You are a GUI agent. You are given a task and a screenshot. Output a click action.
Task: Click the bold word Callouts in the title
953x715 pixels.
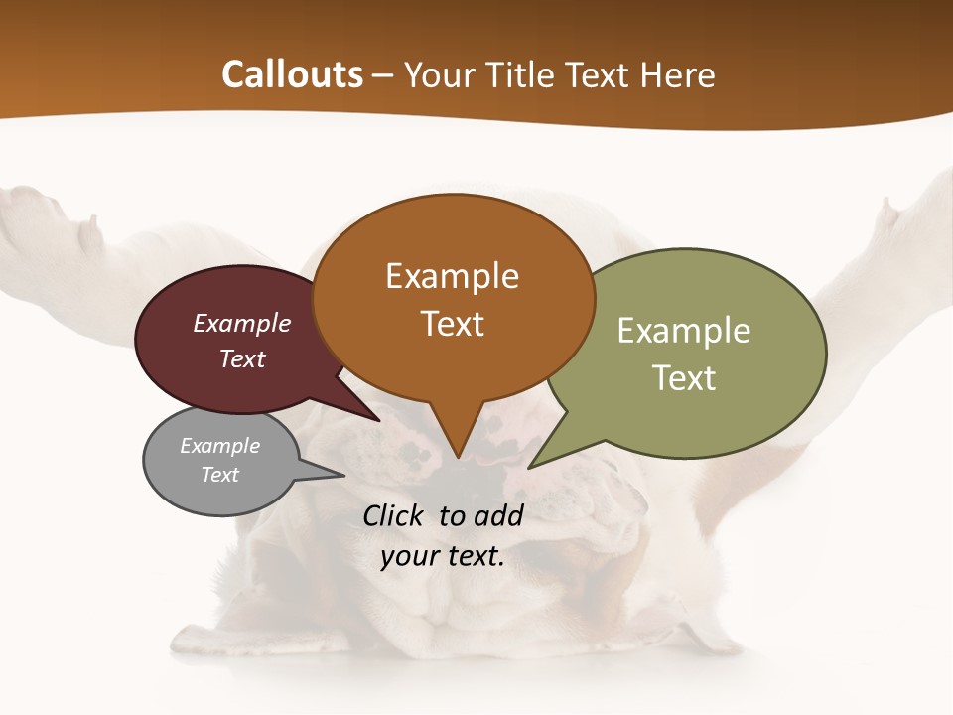click(x=292, y=74)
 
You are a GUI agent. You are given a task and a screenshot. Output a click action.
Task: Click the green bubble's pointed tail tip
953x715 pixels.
click(x=530, y=467)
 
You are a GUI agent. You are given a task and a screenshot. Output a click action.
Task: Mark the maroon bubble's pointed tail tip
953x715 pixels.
click(x=378, y=421)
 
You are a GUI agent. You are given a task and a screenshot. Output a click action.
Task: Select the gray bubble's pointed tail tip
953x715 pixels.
click(x=343, y=476)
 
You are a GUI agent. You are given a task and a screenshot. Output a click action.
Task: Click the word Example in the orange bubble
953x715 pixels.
click(x=452, y=276)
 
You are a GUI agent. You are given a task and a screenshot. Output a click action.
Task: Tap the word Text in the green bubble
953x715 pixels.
click(x=684, y=378)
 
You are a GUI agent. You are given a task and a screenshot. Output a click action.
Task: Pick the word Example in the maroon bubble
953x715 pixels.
click(x=242, y=323)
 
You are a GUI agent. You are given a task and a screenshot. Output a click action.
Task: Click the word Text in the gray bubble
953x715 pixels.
click(x=220, y=475)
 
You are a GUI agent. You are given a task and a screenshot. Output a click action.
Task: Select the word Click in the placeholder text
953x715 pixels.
click(x=395, y=515)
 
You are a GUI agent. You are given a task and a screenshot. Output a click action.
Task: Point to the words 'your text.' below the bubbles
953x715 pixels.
click(x=443, y=556)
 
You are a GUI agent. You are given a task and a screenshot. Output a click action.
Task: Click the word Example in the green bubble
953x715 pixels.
click(x=684, y=331)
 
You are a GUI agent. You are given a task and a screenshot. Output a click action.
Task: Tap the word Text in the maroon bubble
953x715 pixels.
click(x=242, y=358)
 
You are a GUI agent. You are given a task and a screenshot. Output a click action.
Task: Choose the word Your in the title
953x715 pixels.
click(x=441, y=75)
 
